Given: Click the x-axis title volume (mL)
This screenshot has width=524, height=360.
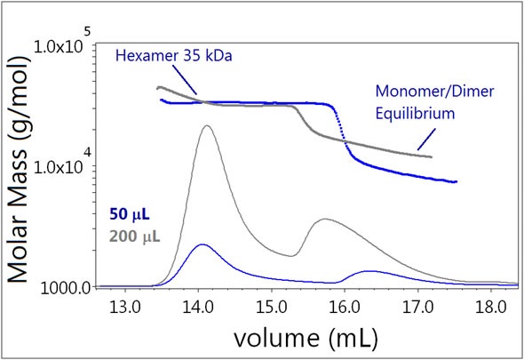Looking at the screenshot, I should point(305,339).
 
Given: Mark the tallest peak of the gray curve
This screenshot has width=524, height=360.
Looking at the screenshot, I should point(207,125).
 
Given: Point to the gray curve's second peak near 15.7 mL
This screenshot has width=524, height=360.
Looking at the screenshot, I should point(326,219).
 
